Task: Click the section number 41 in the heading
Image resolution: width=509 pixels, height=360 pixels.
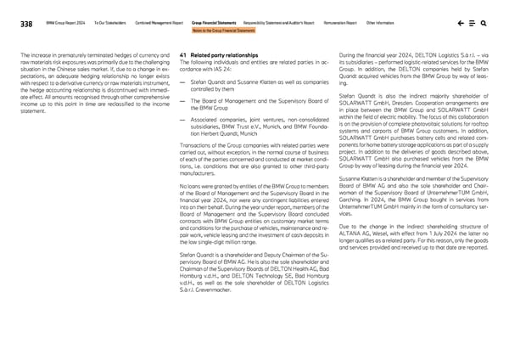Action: coord(184,54)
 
